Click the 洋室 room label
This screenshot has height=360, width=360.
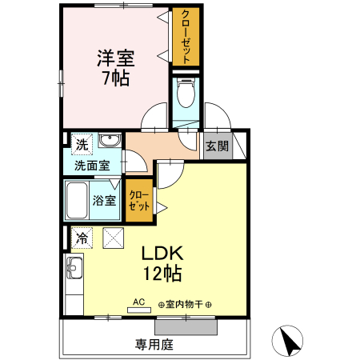click(x=116, y=58)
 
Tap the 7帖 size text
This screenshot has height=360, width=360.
click(x=116, y=78)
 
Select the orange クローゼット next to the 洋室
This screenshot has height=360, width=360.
click(x=186, y=37)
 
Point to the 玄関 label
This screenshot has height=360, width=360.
click(x=216, y=146)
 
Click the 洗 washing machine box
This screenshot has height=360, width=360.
click(x=82, y=145)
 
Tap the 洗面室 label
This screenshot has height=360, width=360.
click(x=93, y=166)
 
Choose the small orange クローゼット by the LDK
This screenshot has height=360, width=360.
click(x=138, y=201)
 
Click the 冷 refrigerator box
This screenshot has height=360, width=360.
click(x=82, y=237)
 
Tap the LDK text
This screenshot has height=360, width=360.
click(x=163, y=254)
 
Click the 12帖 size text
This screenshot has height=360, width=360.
click(x=163, y=274)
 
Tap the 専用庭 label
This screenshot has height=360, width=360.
click(x=154, y=346)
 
